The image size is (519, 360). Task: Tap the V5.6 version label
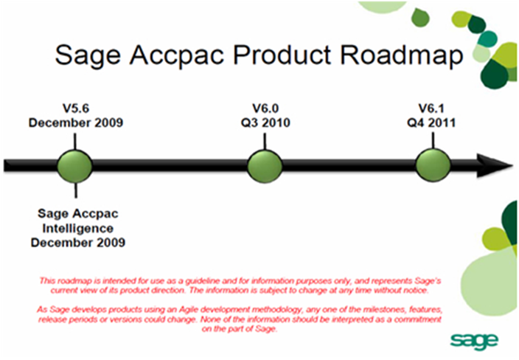(76, 108)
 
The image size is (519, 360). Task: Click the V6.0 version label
(265, 108)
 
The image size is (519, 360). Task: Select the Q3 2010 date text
(265, 122)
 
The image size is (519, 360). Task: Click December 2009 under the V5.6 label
(76, 122)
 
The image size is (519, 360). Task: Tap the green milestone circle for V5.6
(76, 166)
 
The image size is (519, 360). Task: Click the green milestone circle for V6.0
(265, 166)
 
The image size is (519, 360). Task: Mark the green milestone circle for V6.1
(433, 166)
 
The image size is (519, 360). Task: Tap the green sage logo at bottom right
(474, 340)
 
